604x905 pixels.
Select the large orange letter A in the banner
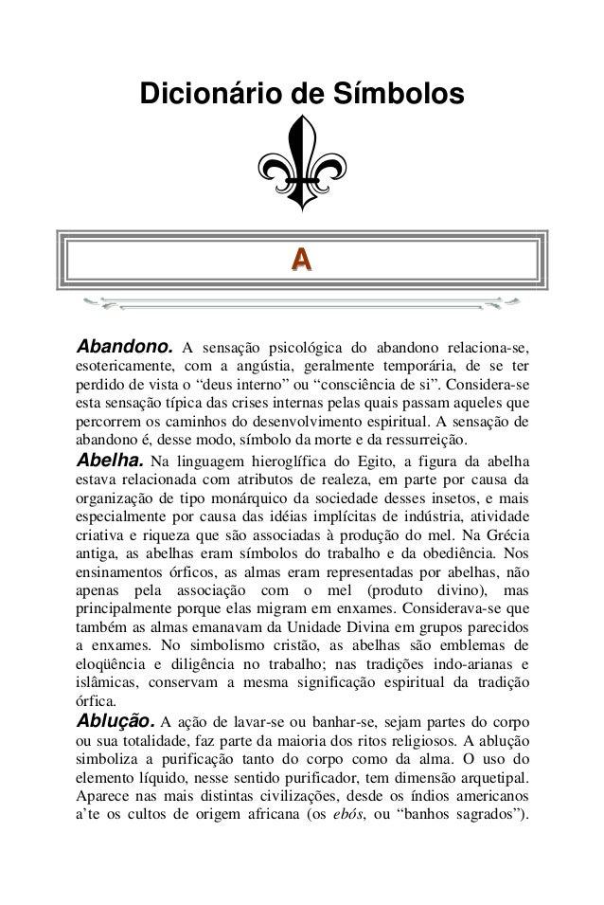(x=302, y=258)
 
